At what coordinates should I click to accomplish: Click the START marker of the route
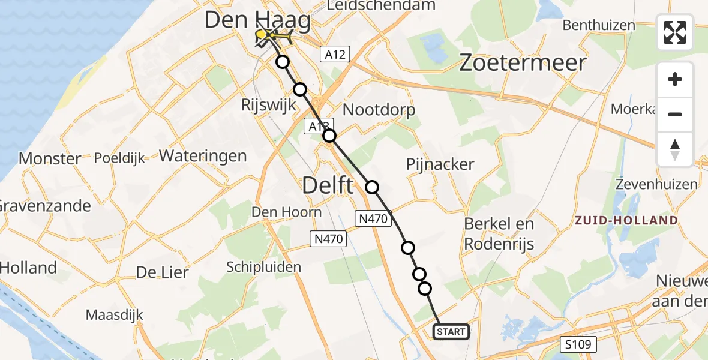tap(451, 332)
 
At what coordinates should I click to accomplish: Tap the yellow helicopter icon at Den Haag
tap(278, 38)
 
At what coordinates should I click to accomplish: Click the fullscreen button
tap(675, 32)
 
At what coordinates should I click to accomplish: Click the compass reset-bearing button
tap(675, 149)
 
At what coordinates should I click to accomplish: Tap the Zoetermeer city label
tap(522, 63)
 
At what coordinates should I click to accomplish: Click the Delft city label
tap(328, 185)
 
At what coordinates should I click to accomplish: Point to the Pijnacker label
tap(440, 164)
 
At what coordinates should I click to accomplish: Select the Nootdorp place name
tap(379, 110)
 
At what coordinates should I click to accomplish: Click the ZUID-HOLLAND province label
tap(626, 220)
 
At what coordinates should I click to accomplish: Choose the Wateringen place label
tap(203, 156)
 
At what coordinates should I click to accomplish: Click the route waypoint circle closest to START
tap(425, 289)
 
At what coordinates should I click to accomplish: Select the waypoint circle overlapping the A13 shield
tap(329, 136)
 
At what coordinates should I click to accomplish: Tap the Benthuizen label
tap(599, 26)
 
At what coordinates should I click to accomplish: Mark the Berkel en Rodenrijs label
tap(499, 234)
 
